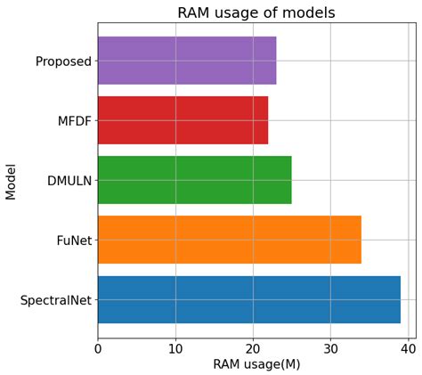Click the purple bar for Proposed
click(x=187, y=61)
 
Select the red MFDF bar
click(x=183, y=120)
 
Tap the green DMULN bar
click(x=194, y=180)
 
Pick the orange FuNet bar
click(x=229, y=240)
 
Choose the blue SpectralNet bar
click(x=248, y=299)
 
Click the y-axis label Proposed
click(x=63, y=61)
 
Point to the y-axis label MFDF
click(x=75, y=121)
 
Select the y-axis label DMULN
click(x=69, y=181)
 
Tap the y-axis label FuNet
click(x=74, y=240)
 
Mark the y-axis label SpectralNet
click(x=56, y=300)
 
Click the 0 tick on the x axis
click(x=98, y=348)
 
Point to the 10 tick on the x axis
click(x=175, y=348)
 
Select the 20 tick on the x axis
click(x=253, y=348)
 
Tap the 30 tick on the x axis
click(x=330, y=348)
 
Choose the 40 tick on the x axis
click(x=408, y=348)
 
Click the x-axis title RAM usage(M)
click(x=256, y=364)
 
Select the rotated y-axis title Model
click(x=11, y=181)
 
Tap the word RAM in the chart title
click(x=195, y=12)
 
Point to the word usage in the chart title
click(x=240, y=12)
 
